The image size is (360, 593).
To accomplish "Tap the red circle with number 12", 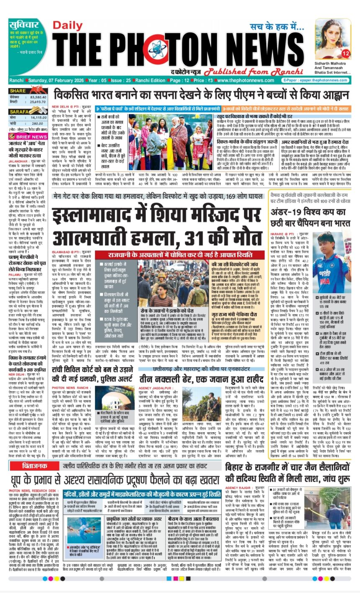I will coord(345,53).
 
